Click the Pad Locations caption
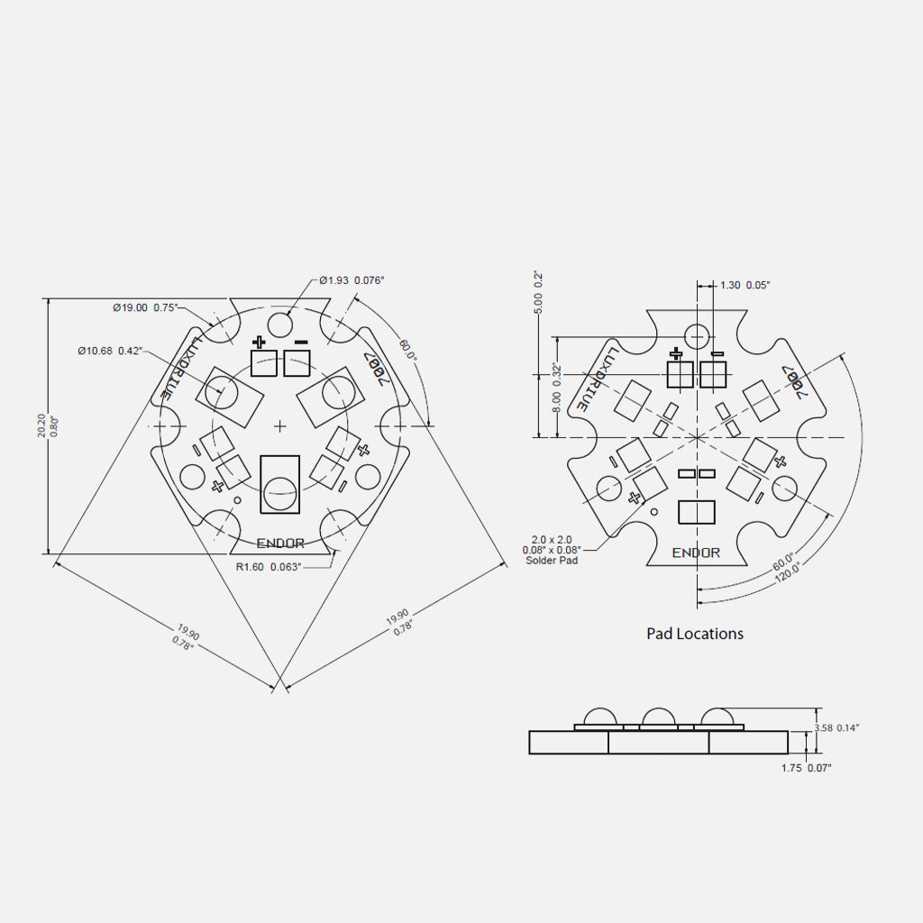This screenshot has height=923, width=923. tap(695, 634)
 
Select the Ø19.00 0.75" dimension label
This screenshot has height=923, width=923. tap(145, 307)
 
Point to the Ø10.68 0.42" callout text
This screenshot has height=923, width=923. tap(110, 351)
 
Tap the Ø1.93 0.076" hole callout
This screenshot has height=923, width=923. tap(352, 280)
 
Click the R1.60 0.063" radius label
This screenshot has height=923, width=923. tap(268, 567)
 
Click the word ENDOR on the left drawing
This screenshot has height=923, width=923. tap(280, 544)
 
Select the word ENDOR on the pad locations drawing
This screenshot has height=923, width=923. tap(697, 553)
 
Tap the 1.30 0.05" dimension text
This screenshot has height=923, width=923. tap(745, 285)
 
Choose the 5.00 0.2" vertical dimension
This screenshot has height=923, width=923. tap(539, 292)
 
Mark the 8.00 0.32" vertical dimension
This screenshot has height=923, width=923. tap(557, 388)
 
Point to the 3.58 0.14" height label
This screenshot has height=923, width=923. tap(836, 727)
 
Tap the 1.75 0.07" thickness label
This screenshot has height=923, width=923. tap(806, 768)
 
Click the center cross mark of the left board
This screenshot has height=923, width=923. tap(279, 425)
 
